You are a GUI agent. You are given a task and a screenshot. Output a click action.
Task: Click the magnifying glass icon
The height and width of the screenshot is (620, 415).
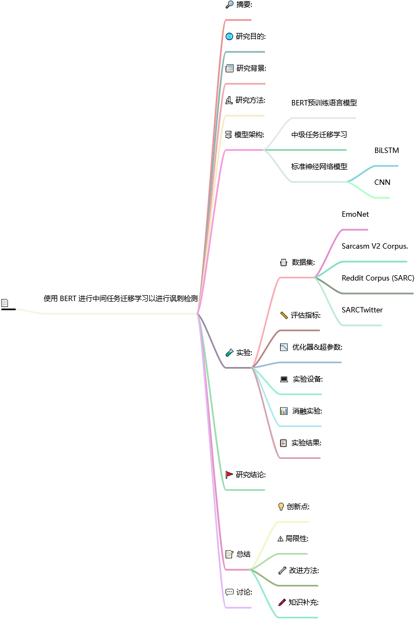229,4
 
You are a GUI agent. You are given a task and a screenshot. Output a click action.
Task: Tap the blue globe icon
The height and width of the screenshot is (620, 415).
229,37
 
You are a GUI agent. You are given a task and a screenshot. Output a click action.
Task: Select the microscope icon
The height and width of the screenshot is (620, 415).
229,100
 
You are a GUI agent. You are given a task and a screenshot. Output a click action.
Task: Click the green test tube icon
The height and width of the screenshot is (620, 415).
229,352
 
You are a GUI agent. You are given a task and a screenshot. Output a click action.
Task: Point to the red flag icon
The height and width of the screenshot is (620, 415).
229,474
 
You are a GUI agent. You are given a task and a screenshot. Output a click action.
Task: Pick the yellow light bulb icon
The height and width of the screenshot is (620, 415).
281,506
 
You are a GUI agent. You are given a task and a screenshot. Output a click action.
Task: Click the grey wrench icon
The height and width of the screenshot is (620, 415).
282,570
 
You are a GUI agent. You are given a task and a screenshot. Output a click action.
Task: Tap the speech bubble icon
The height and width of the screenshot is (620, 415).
229,592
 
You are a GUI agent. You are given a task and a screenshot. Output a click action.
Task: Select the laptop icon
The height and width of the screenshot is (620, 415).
284,379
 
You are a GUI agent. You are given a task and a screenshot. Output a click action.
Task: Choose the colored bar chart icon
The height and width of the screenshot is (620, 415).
284,411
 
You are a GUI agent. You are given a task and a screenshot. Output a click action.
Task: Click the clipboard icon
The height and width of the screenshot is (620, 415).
283,443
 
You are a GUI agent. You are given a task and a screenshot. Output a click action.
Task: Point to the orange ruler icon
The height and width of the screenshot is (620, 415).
284,315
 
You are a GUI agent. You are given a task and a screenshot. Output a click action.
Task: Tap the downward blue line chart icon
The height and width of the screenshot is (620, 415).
284,348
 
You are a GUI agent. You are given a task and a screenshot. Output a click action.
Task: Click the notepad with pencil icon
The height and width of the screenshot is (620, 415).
229,554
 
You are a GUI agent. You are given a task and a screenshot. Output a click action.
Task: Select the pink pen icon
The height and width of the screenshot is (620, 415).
282,602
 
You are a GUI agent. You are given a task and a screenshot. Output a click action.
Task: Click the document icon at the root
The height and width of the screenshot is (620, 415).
5,303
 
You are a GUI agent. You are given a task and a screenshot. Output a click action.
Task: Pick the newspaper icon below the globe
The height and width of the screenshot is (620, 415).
229,69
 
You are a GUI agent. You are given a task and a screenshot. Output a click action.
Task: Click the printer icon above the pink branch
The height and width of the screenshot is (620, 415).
283,263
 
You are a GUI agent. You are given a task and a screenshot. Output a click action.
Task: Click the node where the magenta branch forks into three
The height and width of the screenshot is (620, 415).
263,150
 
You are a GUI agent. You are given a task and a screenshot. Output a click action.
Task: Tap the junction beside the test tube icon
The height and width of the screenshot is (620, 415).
251,368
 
